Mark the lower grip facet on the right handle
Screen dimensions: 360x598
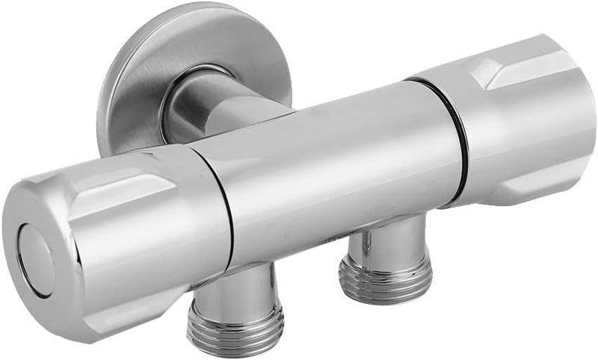(x=523, y=179)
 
